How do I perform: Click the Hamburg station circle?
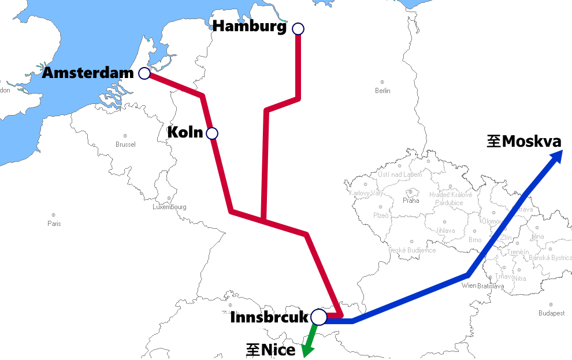298,28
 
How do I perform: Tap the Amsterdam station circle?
144,73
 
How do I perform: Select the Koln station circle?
212,133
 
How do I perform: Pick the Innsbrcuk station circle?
318,317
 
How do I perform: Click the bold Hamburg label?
250,27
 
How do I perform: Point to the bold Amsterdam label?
88,73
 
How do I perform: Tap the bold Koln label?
185,133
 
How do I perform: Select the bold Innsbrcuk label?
269,317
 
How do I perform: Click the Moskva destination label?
524,142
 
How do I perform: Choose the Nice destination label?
271,350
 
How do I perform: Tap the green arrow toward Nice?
309,346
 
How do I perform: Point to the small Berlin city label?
382,91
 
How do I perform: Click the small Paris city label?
54,224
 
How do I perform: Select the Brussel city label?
125,144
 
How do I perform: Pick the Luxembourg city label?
169,207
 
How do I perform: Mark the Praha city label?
411,201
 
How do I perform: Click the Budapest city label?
551,313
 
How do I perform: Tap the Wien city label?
470,286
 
